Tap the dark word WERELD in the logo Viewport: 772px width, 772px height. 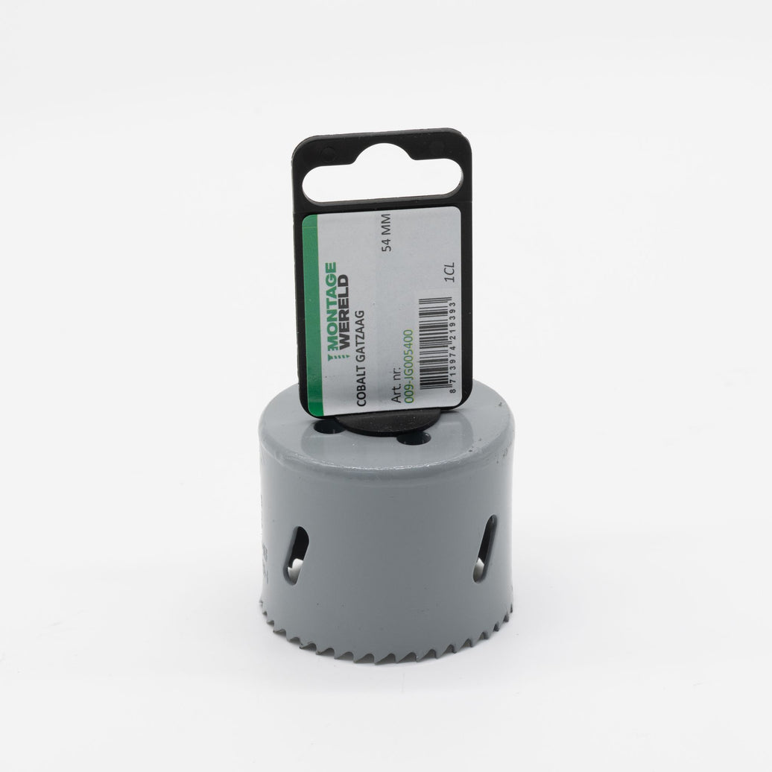(344, 310)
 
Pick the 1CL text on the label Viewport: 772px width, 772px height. (449, 272)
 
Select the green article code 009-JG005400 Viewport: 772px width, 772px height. (408, 367)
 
